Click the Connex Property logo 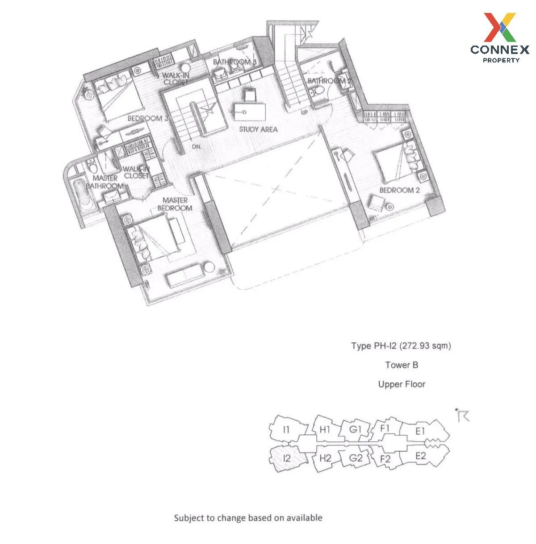click(x=499, y=37)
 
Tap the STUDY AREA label click(x=258, y=129)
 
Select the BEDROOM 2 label click(x=399, y=190)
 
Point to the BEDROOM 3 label click(x=148, y=118)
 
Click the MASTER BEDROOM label click(x=175, y=204)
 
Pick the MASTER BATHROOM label click(x=105, y=182)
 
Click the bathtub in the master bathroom click(x=82, y=195)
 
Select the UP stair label click(x=304, y=112)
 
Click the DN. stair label click(x=197, y=147)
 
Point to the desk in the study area click(x=250, y=112)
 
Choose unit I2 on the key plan click(x=286, y=458)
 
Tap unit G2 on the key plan click(x=355, y=457)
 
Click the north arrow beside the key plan click(x=462, y=415)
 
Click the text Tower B click(x=402, y=365)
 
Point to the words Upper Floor click(x=402, y=384)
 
